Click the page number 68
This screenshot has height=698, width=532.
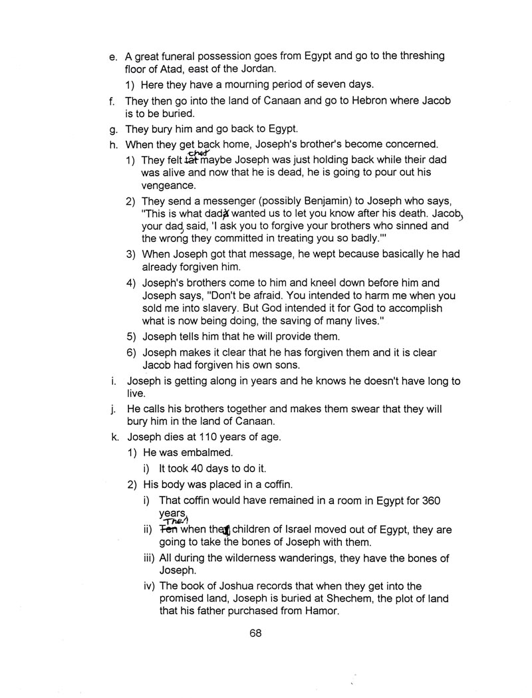256,634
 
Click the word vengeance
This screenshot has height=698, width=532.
168,187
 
